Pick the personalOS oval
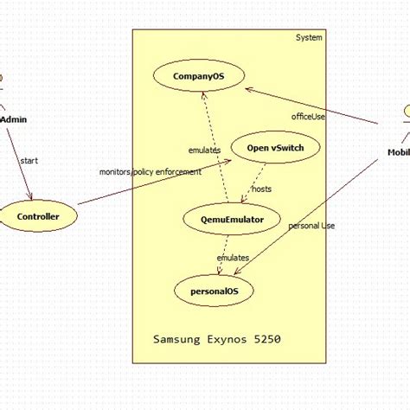tap(215, 291)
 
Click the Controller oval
tap(39, 216)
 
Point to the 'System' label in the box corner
tap(309, 38)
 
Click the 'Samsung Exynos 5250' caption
tap(216, 340)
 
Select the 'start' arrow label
tap(29, 160)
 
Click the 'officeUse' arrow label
tap(308, 115)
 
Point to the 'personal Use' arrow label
tap(311, 226)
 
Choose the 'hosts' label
tap(261, 189)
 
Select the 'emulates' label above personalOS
tap(233, 258)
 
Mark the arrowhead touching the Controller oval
tap(32, 197)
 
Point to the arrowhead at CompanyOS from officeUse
tap(248, 89)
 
